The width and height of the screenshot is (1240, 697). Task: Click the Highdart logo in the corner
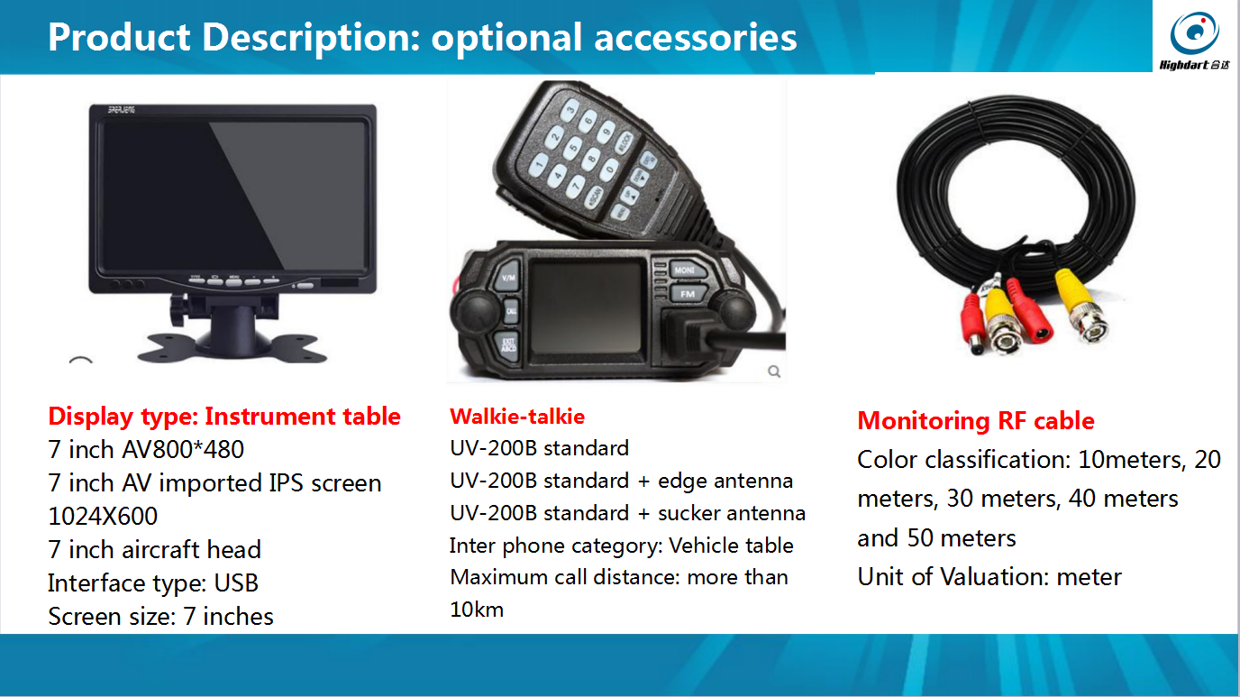pos(1195,41)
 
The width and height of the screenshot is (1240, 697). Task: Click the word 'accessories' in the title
pos(696,38)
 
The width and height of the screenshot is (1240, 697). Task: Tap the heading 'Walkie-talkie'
pos(517,417)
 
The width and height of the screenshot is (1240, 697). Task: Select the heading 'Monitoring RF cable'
pos(976,420)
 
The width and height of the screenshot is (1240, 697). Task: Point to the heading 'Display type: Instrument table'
pos(224,417)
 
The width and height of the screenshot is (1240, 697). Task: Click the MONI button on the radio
pos(687,270)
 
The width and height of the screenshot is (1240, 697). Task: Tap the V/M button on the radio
pos(509,277)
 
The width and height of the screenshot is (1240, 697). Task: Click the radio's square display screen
pos(586,307)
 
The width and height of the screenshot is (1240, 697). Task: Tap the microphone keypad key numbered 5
pos(573,147)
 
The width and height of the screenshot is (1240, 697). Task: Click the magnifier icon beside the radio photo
pos(774,371)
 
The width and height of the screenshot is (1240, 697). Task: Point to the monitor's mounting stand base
pos(232,347)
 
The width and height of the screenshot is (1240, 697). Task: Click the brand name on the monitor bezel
pos(122,110)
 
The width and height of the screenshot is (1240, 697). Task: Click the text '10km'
pos(477,610)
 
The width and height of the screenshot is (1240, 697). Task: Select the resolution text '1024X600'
pos(103,517)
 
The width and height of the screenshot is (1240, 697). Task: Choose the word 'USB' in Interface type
pos(236,582)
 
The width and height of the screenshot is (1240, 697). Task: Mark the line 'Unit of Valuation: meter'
pos(989,577)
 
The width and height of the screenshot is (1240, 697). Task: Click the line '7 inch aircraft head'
pos(154,550)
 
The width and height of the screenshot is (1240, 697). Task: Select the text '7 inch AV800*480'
pos(146,449)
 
